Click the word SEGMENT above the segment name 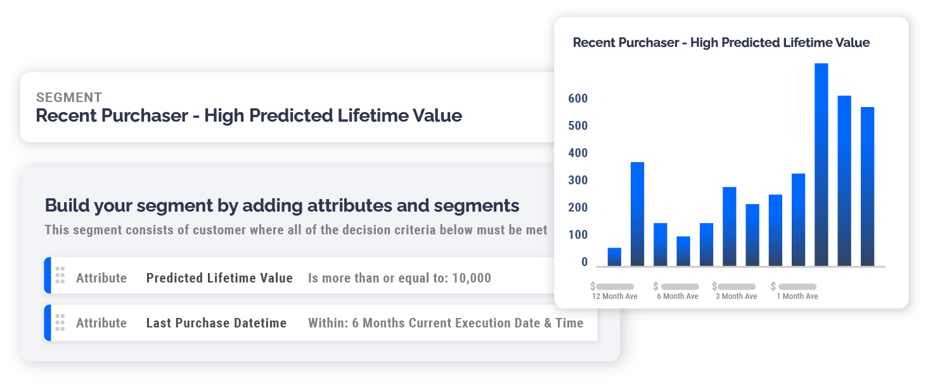(x=69, y=98)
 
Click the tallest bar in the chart (x=821, y=165)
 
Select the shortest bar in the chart (x=614, y=257)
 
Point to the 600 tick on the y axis (x=578, y=99)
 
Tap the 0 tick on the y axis (x=584, y=262)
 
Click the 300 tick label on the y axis (x=578, y=181)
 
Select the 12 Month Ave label (x=614, y=296)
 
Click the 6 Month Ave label (x=677, y=296)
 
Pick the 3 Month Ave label (x=736, y=296)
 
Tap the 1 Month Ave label (x=797, y=296)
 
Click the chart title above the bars (x=721, y=43)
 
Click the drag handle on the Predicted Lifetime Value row (x=60, y=276)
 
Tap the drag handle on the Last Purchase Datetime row (x=60, y=322)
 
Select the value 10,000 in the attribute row (x=472, y=278)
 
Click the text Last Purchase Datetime (x=216, y=323)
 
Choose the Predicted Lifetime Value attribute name (x=219, y=278)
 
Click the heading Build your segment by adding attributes (x=281, y=205)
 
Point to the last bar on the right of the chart (x=867, y=187)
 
